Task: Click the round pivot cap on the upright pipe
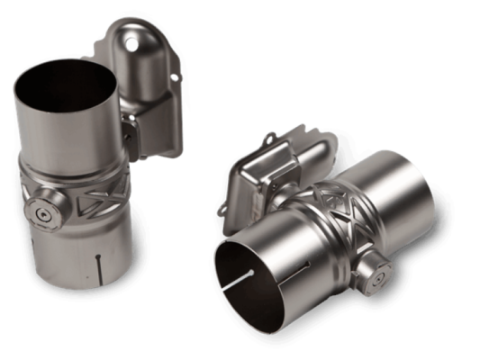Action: pyautogui.click(x=44, y=213)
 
